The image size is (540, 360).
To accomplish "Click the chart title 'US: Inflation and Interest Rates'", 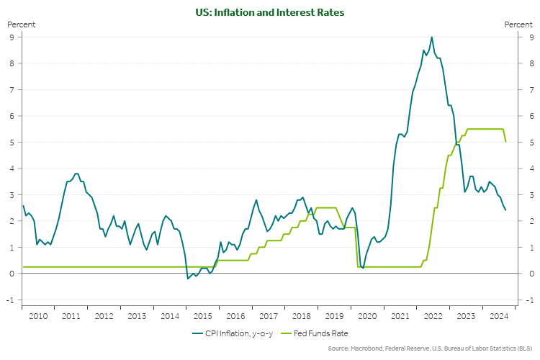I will pos(270,12).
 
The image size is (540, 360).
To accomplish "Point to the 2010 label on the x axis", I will pos(38,315).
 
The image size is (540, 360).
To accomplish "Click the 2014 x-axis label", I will pos(170,315).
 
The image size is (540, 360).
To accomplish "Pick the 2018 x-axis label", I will pos(301,315).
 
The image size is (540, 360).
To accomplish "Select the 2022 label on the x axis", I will pos(433,315).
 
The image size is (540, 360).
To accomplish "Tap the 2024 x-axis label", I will pos(498,315).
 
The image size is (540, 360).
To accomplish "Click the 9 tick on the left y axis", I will pos(12,37).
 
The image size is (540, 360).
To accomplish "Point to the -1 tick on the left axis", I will pos(11,300).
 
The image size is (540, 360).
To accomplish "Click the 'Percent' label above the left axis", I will pos(21,24).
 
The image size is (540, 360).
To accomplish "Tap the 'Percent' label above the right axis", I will pos(518,24).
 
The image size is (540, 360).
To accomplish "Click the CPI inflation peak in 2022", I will pos(431,37).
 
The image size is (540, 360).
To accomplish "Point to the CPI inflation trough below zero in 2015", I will pos(188,279).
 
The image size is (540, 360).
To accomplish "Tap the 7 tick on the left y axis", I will pos(12,90).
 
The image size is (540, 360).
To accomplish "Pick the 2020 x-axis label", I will pos(367,315).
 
